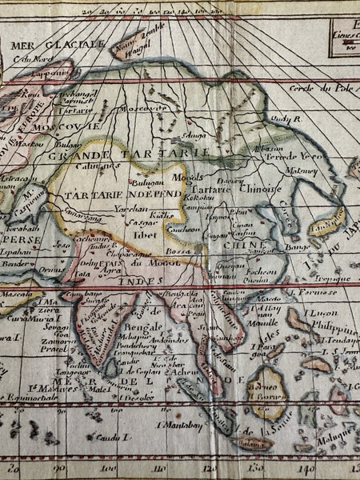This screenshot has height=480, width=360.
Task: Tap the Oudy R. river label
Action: point(284,118)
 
